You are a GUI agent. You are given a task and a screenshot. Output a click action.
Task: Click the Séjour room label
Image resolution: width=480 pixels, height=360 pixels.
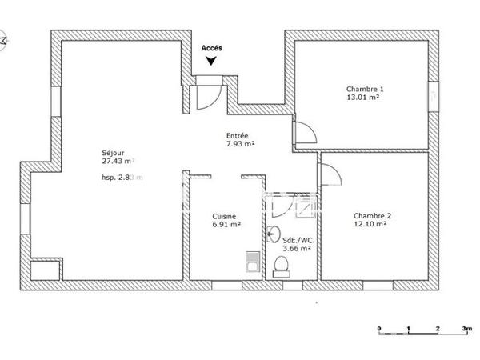click(x=113, y=153)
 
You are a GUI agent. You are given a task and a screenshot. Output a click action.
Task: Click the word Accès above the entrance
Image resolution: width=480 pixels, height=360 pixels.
click(x=212, y=48)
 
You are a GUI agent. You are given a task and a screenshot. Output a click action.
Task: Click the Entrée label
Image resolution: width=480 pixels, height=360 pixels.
click(x=237, y=136)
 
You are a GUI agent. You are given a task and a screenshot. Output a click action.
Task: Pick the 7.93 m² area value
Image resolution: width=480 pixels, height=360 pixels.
click(x=240, y=144)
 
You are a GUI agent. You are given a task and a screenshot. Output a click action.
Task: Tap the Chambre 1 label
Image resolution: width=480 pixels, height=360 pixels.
click(x=365, y=88)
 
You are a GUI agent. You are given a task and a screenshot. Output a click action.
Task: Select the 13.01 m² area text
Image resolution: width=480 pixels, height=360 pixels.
click(x=362, y=97)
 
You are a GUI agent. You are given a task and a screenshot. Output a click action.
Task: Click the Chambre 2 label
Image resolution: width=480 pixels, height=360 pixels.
click(x=372, y=215)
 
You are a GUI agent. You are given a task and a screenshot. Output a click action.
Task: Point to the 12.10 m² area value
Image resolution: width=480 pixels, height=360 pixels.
click(x=370, y=224)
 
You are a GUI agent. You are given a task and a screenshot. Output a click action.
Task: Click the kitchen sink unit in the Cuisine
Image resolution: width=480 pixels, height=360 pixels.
click(x=251, y=262)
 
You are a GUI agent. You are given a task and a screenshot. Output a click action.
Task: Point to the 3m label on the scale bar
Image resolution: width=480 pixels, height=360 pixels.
click(x=466, y=329)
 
